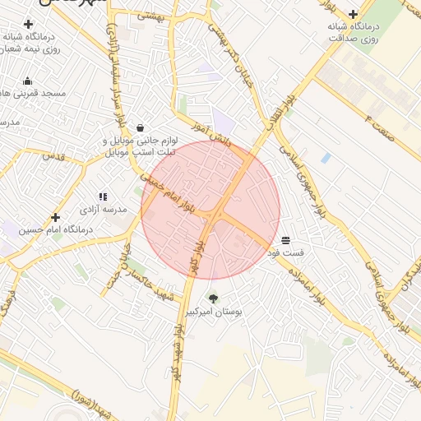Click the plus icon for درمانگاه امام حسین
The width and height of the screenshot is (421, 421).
[55, 218]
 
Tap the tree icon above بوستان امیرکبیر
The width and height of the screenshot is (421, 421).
[214, 298]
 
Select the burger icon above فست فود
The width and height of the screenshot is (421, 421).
[285, 240]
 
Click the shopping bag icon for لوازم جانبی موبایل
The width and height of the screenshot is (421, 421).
[141, 128]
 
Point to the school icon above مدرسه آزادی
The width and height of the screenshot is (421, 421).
[103, 197]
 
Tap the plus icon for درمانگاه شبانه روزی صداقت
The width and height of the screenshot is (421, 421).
[353, 14]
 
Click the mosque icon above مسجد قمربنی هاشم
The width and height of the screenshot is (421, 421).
[28, 81]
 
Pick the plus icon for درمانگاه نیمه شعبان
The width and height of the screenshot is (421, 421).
[28, 25]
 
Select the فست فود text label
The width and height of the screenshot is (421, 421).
[285, 252]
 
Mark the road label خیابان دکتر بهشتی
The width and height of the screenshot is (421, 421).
[238, 67]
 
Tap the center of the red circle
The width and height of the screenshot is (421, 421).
[210, 210]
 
